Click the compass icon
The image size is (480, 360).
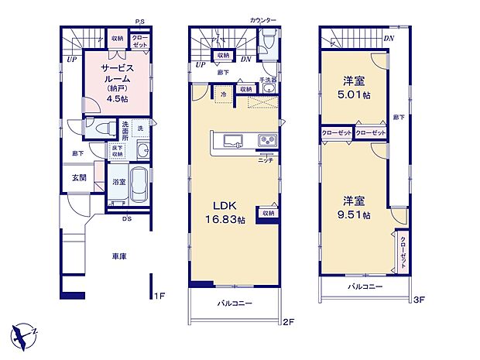[x=23, y=334]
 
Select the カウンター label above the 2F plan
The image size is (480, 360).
[x=262, y=18]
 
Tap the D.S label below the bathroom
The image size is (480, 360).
[x=125, y=218]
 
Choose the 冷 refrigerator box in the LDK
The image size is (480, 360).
[x=222, y=94]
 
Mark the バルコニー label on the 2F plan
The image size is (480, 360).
[x=233, y=303]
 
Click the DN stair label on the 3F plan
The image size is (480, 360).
[x=389, y=37]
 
